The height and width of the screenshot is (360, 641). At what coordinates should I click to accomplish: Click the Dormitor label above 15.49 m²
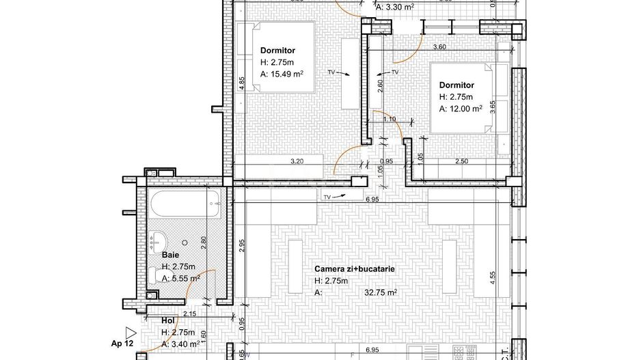pos(277,49)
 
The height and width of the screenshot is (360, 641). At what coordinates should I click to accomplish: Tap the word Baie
pos(171,255)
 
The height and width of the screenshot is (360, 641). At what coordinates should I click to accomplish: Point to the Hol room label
pos(168,320)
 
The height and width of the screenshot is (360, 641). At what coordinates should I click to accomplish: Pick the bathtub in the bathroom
pos(185,205)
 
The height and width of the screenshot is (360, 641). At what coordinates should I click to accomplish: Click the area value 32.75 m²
pos(381,292)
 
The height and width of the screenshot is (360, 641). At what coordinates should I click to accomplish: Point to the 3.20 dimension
pos(297,161)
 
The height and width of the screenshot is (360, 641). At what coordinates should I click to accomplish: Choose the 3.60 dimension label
pos(440,47)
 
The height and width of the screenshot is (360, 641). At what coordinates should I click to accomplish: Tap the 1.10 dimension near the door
pos(390,120)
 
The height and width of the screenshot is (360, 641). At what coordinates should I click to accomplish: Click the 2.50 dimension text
pos(463,161)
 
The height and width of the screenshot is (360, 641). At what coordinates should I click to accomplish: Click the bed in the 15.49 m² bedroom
pos(277,57)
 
